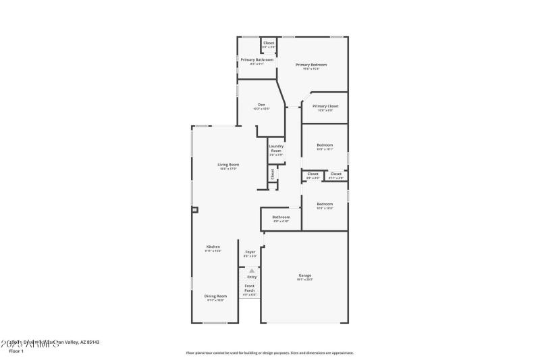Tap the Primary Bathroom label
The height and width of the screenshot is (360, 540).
pos(257,59)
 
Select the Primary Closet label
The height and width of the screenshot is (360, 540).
pos(325,106)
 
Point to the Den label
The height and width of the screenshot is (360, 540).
pos(261,104)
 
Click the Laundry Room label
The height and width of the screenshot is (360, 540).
pos(275,148)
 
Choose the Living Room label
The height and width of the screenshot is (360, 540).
pos(228,164)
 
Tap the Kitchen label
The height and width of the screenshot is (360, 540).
pos(213,247)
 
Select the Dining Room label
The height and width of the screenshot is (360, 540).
pos(216,296)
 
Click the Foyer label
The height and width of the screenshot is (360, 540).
pos(250,252)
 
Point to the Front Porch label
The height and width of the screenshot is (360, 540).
pos(250,288)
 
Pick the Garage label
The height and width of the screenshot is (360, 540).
pos(305,275)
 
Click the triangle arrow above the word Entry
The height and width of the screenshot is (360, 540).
pos(252,270)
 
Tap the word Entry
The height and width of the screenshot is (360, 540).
pos(252,277)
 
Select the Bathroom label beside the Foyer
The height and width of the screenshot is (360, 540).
pos(281,217)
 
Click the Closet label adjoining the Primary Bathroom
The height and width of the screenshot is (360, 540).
pos(269,43)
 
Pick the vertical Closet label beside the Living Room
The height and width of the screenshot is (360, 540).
pos(273,174)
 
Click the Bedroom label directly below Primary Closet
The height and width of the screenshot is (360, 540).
pos(325,145)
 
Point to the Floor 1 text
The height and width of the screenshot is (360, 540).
pos(16,351)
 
